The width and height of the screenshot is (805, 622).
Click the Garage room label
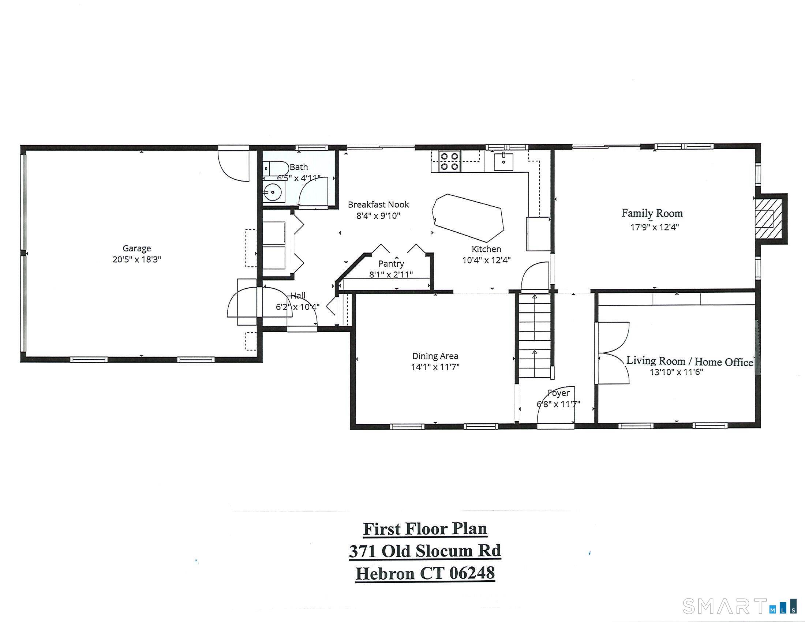coord(137,248)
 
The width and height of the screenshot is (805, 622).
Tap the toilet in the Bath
coord(276,168)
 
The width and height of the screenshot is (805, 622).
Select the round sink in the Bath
coord(273,192)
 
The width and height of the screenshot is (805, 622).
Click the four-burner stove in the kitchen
coord(449,161)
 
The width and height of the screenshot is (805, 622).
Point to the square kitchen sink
coord(503,162)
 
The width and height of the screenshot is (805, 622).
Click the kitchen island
coord(468,217)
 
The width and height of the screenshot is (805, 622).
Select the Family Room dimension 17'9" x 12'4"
coord(654,227)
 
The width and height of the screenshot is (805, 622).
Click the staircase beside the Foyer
coord(535,335)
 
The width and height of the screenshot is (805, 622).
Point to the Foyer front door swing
coord(555,405)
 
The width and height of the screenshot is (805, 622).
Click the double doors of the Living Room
coord(612,353)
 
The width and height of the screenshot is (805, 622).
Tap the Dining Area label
coord(435,356)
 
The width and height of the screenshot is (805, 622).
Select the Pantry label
coord(391,264)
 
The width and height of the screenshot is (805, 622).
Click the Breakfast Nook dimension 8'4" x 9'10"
coord(378,216)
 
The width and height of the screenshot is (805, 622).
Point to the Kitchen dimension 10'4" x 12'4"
coord(486,261)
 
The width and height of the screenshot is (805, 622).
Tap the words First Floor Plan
coord(424,529)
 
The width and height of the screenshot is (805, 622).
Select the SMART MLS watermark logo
coord(739,606)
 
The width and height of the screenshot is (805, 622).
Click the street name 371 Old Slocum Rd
coord(424,551)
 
